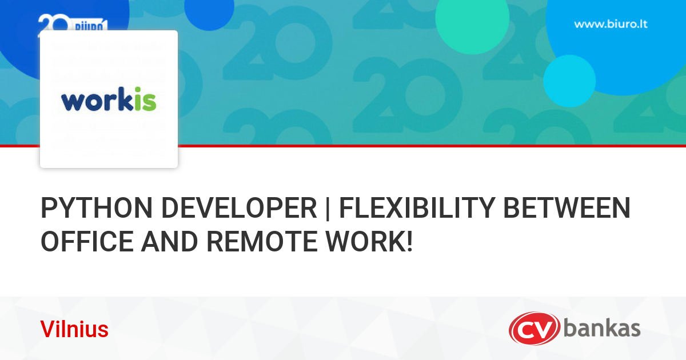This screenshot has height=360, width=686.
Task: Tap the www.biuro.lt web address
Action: pos(611,25)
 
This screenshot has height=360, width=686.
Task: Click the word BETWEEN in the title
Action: pos(567,208)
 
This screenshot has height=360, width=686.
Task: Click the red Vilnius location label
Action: pos(74,330)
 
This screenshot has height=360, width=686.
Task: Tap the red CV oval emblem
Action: pos(535,329)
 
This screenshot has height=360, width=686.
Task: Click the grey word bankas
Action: pos(602,329)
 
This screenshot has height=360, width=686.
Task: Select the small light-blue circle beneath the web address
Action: pos(569,81)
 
